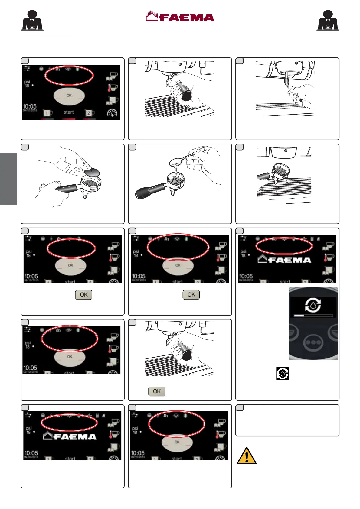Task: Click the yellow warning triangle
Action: (x=247, y=456)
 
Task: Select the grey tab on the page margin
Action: (x=8, y=179)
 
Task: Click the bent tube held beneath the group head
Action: (x=286, y=81)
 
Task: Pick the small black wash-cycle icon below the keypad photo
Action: (x=282, y=374)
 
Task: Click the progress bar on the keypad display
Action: (x=313, y=315)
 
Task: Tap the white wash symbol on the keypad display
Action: (x=313, y=305)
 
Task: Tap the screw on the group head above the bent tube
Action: (x=297, y=63)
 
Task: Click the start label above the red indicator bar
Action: (x=69, y=112)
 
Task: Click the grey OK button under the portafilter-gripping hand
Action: (x=157, y=391)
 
